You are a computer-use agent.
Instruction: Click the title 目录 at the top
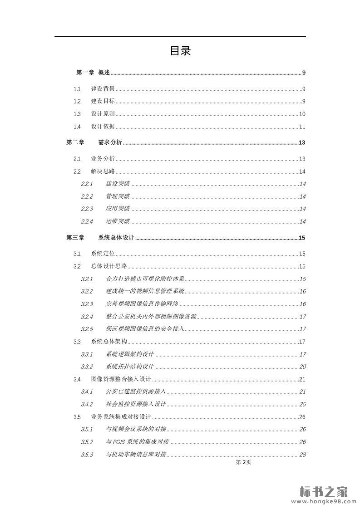pyautogui.click(x=180, y=51)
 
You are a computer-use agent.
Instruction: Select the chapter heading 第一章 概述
pyautogui.click(x=93, y=73)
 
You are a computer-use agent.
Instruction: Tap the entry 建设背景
pyautogui.click(x=103, y=89)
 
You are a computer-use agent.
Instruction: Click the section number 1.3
pyautogui.click(x=77, y=114)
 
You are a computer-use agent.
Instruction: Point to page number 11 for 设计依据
pyautogui.click(x=302, y=127)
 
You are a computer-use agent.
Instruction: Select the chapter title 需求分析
pyautogui.click(x=110, y=142)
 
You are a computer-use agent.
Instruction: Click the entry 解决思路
pyautogui.click(x=103, y=171)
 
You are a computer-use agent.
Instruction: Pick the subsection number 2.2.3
pyautogui.click(x=87, y=209)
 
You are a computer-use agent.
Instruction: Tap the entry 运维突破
pyautogui.click(x=118, y=221)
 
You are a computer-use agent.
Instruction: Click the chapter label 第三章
pyautogui.click(x=75, y=238)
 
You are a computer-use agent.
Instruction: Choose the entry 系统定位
pyautogui.click(x=103, y=254)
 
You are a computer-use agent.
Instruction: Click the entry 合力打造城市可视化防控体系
pyautogui.click(x=145, y=279)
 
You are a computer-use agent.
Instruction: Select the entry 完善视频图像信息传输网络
pyautogui.click(x=142, y=304)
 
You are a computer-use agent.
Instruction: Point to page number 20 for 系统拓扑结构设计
pyautogui.click(x=302, y=367)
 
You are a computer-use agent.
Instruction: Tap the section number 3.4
pyautogui.click(x=77, y=379)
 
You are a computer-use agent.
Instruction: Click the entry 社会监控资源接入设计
pyautogui.click(x=136, y=404)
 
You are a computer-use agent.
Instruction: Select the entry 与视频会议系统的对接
pyautogui.click(x=136, y=429)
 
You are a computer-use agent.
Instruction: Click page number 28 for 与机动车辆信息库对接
pyautogui.click(x=302, y=455)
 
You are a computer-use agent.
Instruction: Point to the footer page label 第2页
pyautogui.click(x=243, y=462)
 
